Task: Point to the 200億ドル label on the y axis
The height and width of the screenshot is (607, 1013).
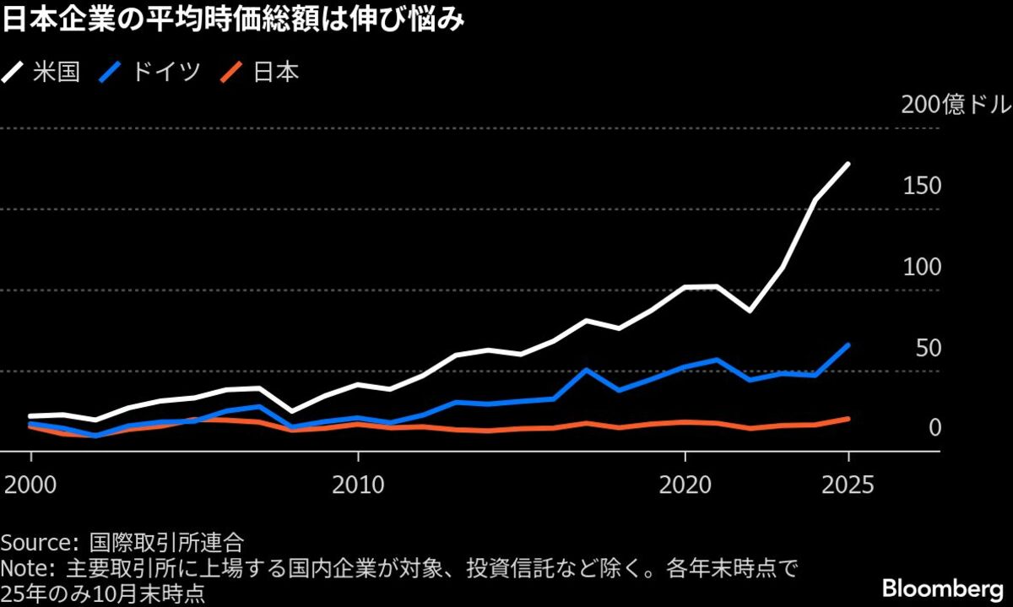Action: pyautogui.click(x=954, y=106)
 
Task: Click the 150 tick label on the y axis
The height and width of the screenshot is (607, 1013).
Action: pyautogui.click(x=922, y=187)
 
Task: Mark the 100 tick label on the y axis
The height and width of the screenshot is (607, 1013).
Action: pyautogui.click(x=922, y=268)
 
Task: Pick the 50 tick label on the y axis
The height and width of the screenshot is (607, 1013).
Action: pyautogui.click(x=927, y=349)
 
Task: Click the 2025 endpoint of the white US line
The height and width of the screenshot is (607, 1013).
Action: pyautogui.click(x=848, y=165)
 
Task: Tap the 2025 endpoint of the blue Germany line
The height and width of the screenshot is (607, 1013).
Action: pyautogui.click(x=848, y=345)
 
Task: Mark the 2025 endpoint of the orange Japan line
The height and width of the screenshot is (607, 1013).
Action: pyautogui.click(x=848, y=419)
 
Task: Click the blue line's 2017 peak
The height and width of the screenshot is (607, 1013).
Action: pyautogui.click(x=587, y=370)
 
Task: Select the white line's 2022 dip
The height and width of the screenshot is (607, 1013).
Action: pyautogui.click(x=750, y=311)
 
